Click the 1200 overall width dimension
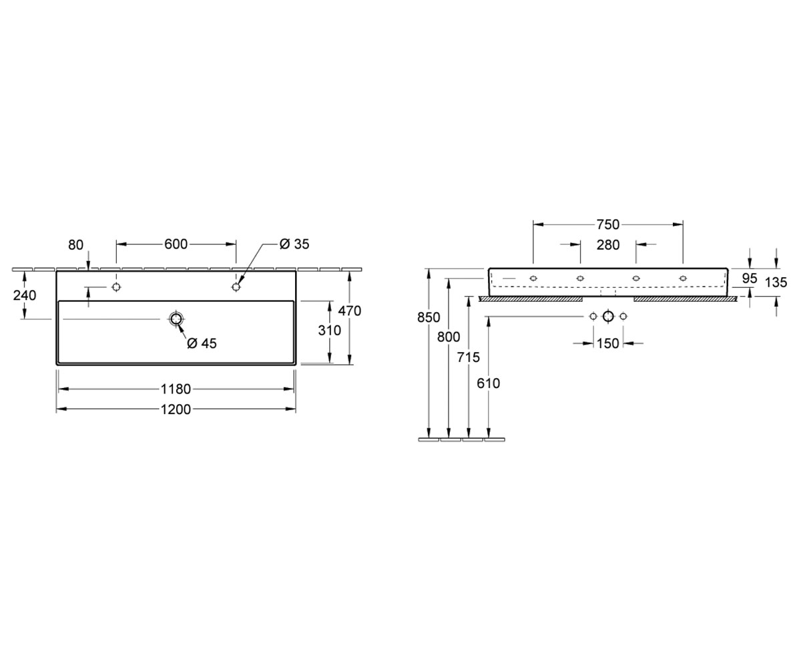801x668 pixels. [x=176, y=409]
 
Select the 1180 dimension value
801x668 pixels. [x=176, y=389]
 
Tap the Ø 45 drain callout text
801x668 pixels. [x=202, y=343]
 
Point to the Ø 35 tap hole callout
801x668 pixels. [x=294, y=244]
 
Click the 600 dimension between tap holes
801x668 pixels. [x=176, y=244]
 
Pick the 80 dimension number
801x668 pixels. [x=75, y=245]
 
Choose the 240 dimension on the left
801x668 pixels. [x=25, y=295]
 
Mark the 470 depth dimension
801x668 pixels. [x=350, y=311]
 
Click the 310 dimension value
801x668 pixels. [x=330, y=330]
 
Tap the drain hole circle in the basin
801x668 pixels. [x=176, y=319]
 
